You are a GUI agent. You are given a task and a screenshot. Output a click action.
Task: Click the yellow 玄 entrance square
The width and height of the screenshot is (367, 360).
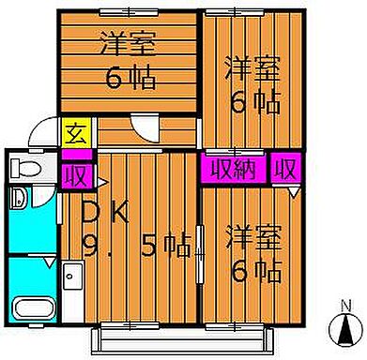click(73, 133)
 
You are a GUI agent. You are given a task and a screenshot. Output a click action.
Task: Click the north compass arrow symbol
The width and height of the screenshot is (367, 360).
click(347, 331)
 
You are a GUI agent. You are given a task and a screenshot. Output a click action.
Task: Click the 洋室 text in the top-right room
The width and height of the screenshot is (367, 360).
click(252, 68)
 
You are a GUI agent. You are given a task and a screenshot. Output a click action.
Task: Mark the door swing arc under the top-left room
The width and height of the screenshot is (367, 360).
click(145, 126)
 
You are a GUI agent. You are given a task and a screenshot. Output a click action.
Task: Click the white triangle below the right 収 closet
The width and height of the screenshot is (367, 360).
click(294, 191)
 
